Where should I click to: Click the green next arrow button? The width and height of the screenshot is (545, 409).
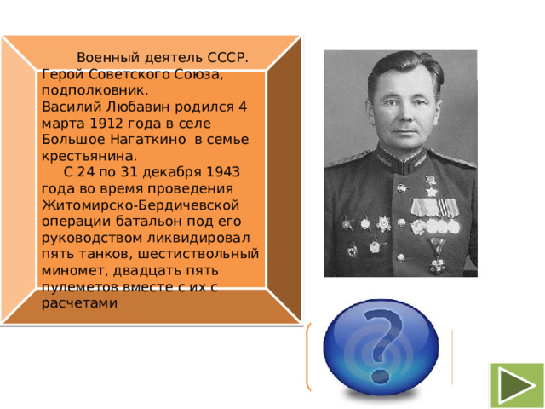coord(517,384)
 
